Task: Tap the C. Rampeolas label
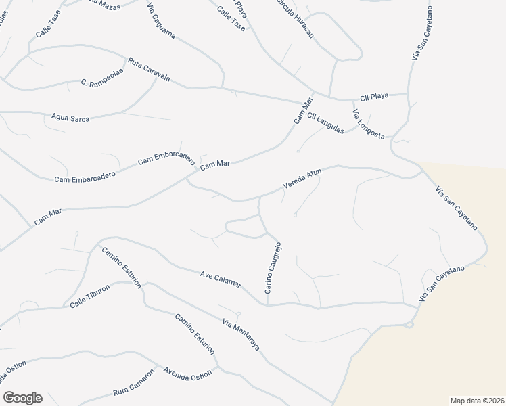(x=95, y=83)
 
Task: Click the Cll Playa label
(x=374, y=96)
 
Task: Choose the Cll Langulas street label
(x=325, y=122)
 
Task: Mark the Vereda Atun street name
(x=301, y=179)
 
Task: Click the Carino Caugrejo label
(x=273, y=267)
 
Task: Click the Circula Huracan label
(x=295, y=19)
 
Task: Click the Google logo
(x=22, y=398)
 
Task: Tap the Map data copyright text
(x=478, y=400)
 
